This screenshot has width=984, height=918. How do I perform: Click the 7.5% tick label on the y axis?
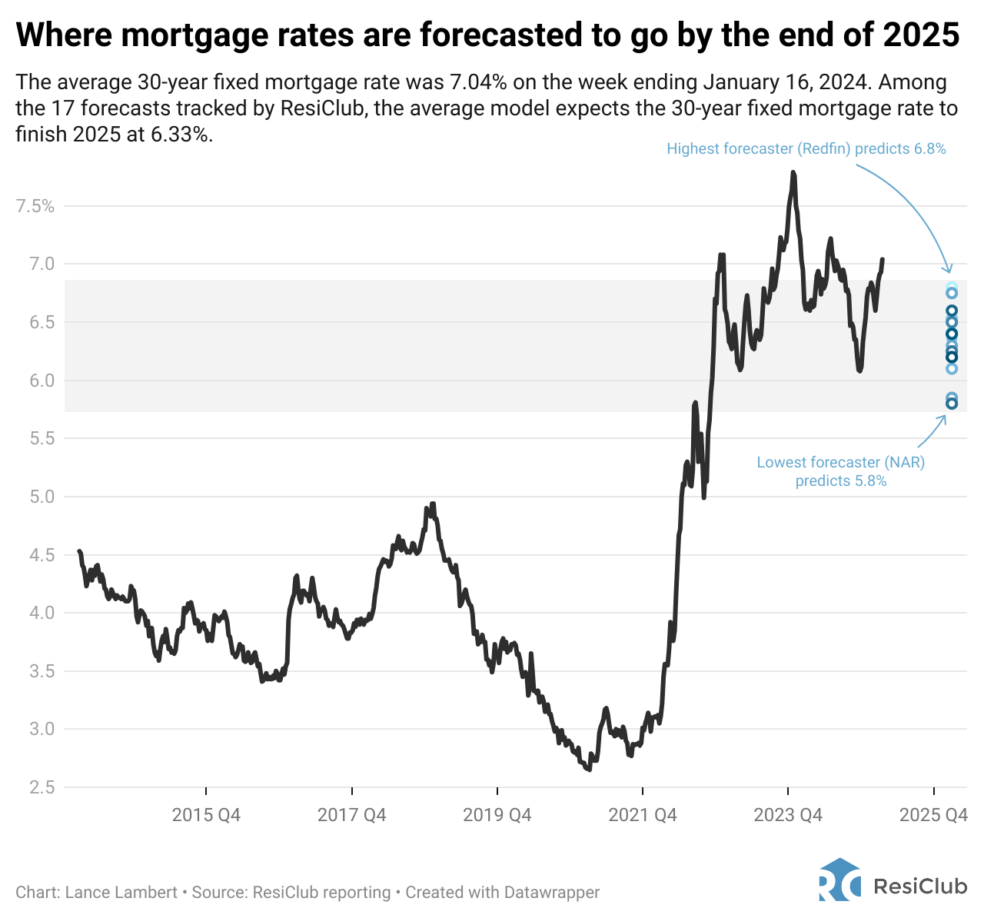tap(35, 206)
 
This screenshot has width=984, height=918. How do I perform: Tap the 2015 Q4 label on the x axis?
tap(206, 815)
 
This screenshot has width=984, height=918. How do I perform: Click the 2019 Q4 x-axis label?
tap(497, 815)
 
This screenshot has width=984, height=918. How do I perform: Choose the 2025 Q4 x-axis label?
tap(933, 815)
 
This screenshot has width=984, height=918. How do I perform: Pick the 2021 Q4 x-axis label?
tap(643, 815)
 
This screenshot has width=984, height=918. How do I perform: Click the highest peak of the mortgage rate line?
tap(793, 172)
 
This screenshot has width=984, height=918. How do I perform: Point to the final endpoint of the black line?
tap(882, 260)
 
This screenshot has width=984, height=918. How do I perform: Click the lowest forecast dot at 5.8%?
tap(952, 404)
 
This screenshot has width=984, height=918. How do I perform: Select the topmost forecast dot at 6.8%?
tap(952, 288)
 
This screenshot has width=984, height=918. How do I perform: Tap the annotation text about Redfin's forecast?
tap(806, 149)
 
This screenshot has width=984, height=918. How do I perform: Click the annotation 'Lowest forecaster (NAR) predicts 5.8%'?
tap(840, 471)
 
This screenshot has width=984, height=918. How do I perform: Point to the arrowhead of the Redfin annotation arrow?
tap(950, 271)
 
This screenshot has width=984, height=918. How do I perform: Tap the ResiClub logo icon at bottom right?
tap(839, 880)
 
